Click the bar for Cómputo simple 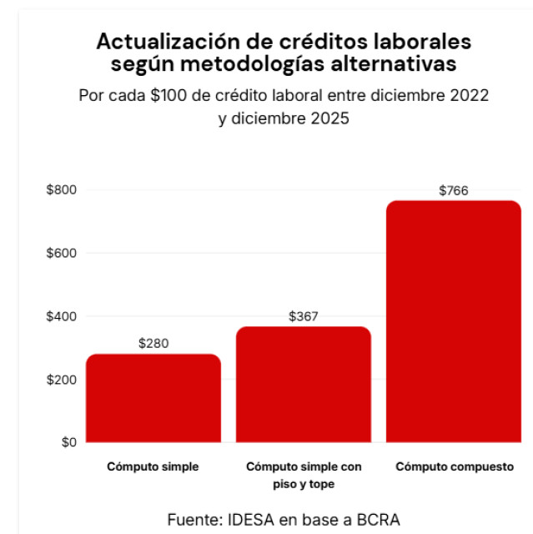tap(153, 398)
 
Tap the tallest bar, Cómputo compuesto tap(453, 321)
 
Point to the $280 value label tap(153, 343)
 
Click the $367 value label tap(304, 316)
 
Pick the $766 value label tap(454, 190)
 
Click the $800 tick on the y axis tap(62, 189)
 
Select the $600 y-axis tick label tap(62, 253)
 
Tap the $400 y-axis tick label tap(62, 316)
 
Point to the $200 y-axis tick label tap(62, 380)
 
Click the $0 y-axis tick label tap(68, 442)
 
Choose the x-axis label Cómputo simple tap(153, 466)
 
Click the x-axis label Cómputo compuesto tap(454, 466)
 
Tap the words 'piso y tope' tap(304, 484)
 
